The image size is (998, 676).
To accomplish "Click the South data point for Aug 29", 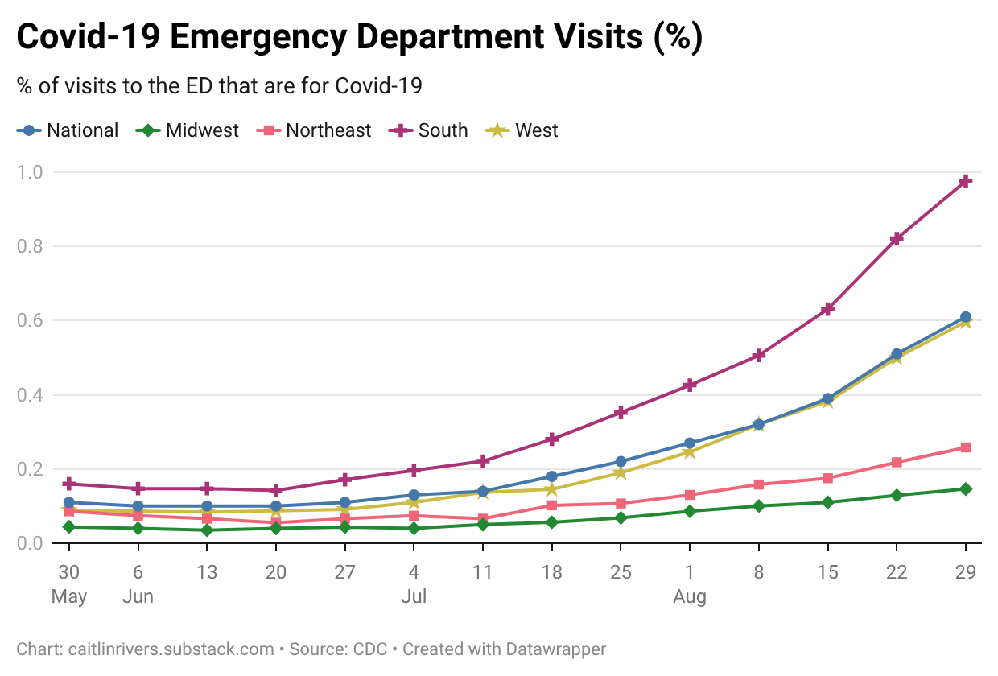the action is tap(966, 181).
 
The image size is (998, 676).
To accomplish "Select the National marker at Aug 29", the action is tap(966, 317).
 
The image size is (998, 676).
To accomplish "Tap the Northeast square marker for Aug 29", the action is tap(966, 447).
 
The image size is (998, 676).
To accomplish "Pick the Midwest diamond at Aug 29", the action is tap(966, 488).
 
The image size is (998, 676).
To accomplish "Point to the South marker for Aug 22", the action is tap(897, 238).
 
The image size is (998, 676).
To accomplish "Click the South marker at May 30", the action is tap(69, 484).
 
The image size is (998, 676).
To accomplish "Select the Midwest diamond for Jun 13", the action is tap(207, 530).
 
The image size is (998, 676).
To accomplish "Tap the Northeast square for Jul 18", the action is tap(551, 505).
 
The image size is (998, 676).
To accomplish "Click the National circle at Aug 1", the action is tap(690, 443).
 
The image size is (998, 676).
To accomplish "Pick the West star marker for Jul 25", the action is tap(621, 473).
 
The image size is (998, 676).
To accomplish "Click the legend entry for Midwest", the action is tap(187, 130).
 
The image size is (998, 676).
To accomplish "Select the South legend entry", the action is tap(428, 130).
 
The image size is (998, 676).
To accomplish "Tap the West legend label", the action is tap(536, 130).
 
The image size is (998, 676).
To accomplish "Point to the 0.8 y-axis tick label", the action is tap(30, 246).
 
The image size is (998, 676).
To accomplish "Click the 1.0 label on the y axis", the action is tap(30, 172).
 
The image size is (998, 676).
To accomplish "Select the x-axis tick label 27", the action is tap(344, 571).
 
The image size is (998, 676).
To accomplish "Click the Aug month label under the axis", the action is tap(690, 596).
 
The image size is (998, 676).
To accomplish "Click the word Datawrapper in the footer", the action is tap(555, 649).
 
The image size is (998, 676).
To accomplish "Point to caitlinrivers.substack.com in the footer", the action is tap(171, 649).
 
